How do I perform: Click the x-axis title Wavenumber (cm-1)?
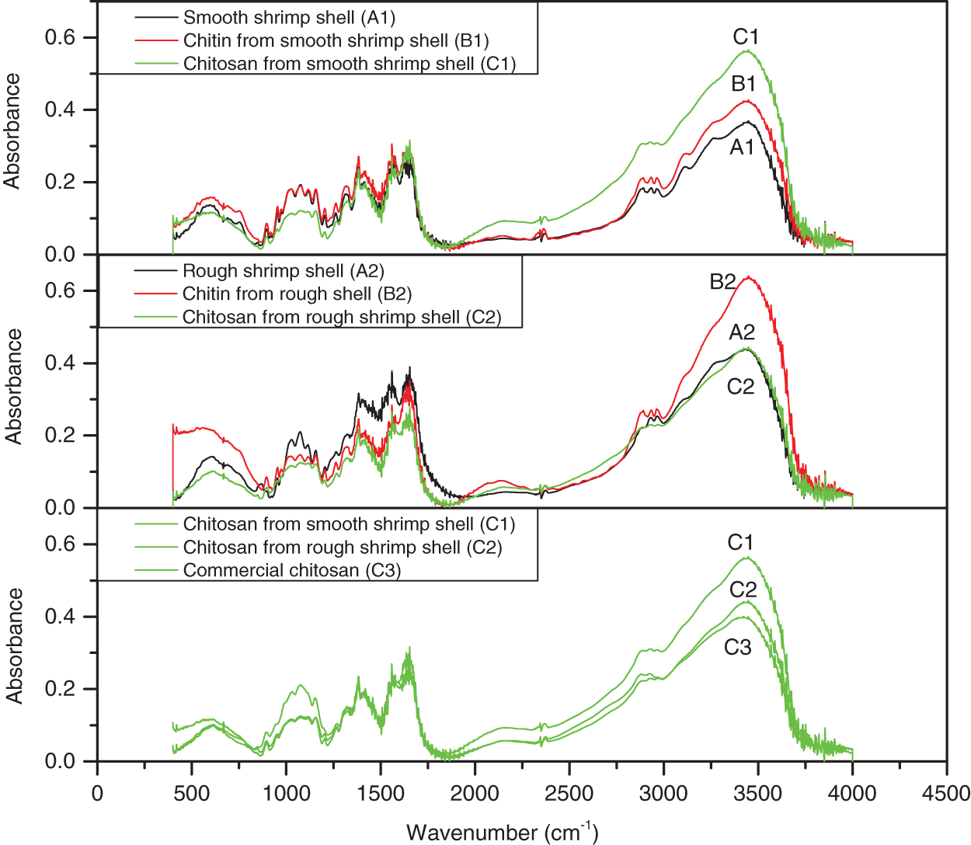502,833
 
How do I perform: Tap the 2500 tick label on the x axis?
569,794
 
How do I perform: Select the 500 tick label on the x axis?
191,794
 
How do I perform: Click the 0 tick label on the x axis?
97,794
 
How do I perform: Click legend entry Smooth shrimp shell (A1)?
289,17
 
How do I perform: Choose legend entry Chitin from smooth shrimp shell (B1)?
336,40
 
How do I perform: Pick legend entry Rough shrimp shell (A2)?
283,271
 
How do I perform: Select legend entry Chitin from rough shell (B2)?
297,294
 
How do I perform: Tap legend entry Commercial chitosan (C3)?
291,571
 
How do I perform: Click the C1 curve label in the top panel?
745,37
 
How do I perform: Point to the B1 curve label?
743,84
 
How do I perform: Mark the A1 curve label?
742,147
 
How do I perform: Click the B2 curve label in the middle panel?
722,281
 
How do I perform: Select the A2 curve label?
742,332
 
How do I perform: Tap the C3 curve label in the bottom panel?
738,647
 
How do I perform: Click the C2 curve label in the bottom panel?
743,590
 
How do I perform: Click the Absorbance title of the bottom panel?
14,645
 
